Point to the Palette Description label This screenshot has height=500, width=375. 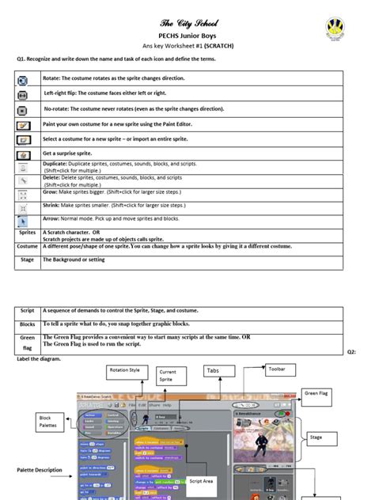coord(40,470)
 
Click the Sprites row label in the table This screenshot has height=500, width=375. coord(28,233)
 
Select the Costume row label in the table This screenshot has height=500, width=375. coord(28,247)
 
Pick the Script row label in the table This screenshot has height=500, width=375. coord(28,311)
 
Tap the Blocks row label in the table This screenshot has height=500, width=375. coord(28,324)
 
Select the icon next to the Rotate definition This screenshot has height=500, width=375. coord(24,79)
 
